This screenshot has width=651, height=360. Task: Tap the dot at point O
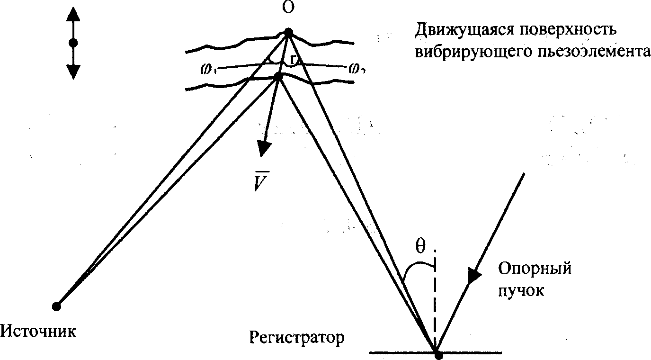coord(288,33)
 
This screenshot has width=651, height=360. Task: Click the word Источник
coord(38,330)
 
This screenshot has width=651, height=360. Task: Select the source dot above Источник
coord(56,306)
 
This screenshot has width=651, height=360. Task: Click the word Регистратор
coord(297,338)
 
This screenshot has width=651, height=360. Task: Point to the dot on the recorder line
coord(438,354)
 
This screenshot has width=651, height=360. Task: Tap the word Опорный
coord(535,269)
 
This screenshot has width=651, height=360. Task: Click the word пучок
coord(521,290)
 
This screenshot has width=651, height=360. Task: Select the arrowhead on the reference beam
coord(474,276)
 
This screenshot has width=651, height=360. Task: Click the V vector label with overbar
coord(259,181)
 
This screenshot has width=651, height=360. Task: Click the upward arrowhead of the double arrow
coord(73,14)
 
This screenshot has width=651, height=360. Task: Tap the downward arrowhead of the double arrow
coord(73,71)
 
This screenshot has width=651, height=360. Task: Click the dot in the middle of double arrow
coord(73,43)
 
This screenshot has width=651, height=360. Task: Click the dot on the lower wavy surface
coord(278,76)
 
